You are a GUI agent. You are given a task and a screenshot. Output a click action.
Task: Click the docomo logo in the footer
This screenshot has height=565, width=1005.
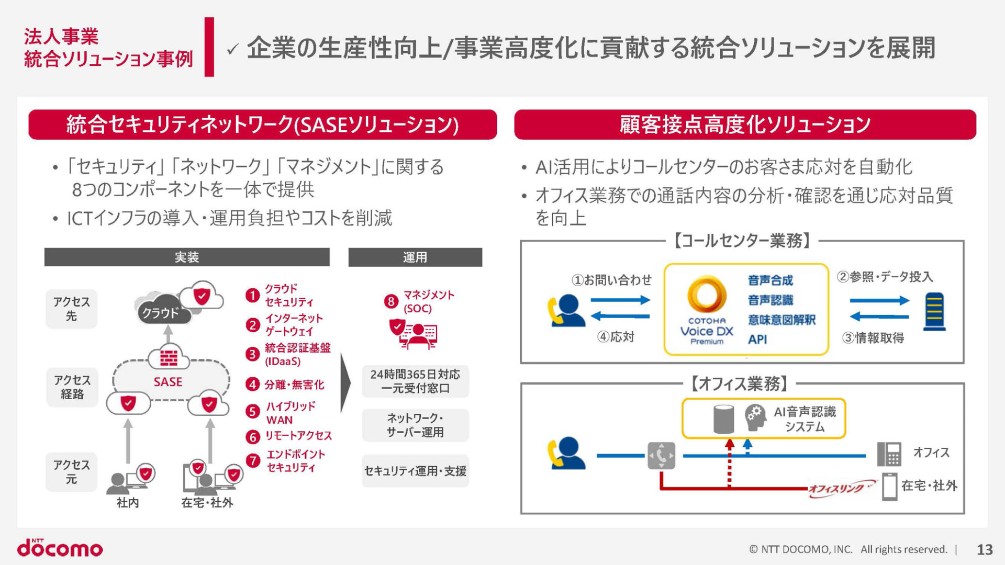tap(60, 548)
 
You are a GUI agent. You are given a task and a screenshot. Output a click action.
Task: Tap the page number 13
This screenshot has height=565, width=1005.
tap(984, 549)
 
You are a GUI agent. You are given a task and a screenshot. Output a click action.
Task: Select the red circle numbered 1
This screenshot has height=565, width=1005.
tap(253, 296)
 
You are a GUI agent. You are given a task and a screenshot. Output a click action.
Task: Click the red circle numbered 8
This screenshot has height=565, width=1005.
tap(391, 301)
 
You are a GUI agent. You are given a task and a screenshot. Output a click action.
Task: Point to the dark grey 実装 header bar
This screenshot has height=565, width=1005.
tap(187, 257)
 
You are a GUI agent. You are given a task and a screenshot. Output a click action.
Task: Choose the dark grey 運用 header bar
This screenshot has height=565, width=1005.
tap(415, 257)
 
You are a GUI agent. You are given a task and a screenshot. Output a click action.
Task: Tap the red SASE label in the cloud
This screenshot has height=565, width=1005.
tap(168, 382)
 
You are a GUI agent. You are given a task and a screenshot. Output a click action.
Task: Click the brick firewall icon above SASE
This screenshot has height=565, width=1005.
tap(168, 358)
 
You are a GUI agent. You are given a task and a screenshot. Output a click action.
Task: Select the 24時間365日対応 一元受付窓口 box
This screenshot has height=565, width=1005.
tap(415, 381)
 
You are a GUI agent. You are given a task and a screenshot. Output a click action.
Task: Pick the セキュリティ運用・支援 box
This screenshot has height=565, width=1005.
tap(415, 471)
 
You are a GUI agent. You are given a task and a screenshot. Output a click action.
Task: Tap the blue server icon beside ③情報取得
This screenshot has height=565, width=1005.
tap(934, 312)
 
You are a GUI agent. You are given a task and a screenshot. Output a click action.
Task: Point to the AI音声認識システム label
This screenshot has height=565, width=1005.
tap(805, 419)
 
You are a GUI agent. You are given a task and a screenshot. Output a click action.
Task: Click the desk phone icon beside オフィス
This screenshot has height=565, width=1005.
tap(889, 454)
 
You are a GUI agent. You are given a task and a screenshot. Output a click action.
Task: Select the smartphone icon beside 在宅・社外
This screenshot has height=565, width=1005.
tap(889, 487)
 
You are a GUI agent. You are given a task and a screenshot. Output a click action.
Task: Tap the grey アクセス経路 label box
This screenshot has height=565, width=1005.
tap(72, 387)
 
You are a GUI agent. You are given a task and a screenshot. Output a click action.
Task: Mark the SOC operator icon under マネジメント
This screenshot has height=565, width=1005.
tap(415, 335)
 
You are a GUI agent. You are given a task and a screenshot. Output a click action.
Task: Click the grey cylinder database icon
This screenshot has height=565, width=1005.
tap(723, 419)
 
